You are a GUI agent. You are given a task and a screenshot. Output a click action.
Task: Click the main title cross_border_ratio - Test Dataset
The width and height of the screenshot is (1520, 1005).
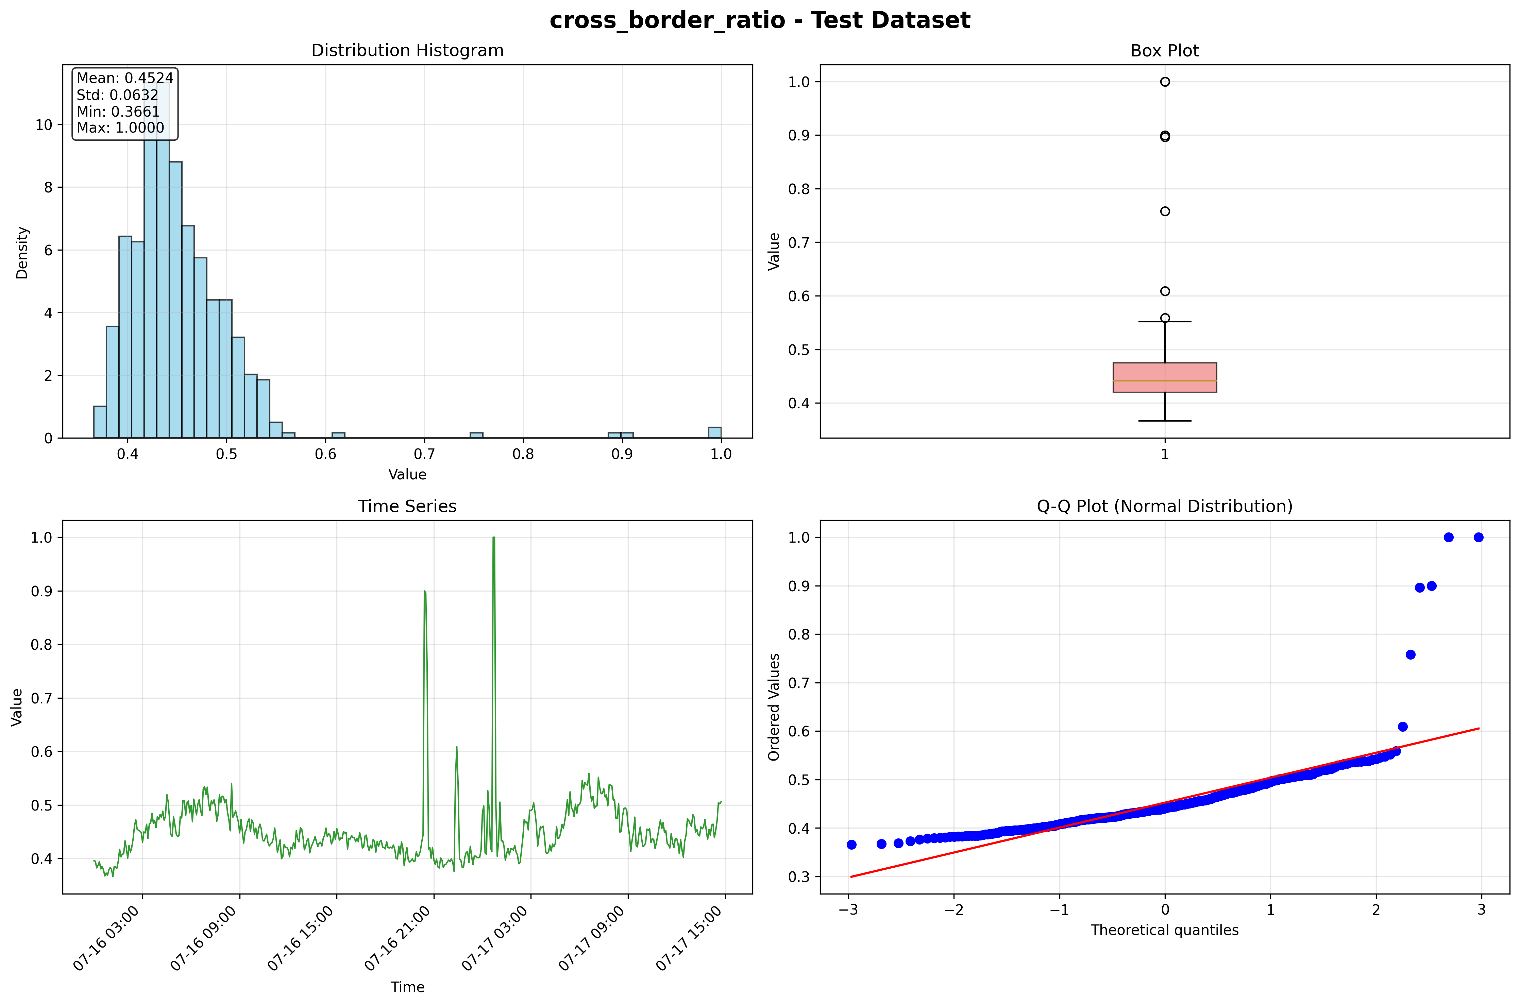coord(760,20)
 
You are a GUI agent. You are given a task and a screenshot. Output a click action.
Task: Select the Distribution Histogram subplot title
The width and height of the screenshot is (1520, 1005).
coord(407,51)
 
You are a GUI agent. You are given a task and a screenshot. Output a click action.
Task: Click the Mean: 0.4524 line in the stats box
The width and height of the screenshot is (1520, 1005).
coord(125,78)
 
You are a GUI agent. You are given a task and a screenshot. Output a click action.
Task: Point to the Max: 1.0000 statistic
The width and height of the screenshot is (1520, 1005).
coord(120,127)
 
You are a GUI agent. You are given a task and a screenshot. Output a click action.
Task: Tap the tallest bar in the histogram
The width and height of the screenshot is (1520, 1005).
coord(156,256)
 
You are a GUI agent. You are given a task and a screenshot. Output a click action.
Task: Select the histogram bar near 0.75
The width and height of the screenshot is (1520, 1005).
coord(476,435)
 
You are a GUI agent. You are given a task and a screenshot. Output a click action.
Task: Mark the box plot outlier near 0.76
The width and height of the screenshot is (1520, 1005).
coord(1165,211)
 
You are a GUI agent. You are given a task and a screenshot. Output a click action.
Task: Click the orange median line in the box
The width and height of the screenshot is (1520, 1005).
coord(1165,381)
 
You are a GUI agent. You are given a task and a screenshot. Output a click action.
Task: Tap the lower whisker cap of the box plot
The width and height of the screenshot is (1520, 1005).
coord(1165,421)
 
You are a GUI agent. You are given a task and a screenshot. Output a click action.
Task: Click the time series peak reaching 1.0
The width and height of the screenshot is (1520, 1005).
coord(494,539)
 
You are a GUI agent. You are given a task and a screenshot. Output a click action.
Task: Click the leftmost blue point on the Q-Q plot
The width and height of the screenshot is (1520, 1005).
coord(851,845)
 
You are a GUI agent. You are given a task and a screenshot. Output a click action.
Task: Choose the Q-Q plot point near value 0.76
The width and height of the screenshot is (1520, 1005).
coord(1411,654)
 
